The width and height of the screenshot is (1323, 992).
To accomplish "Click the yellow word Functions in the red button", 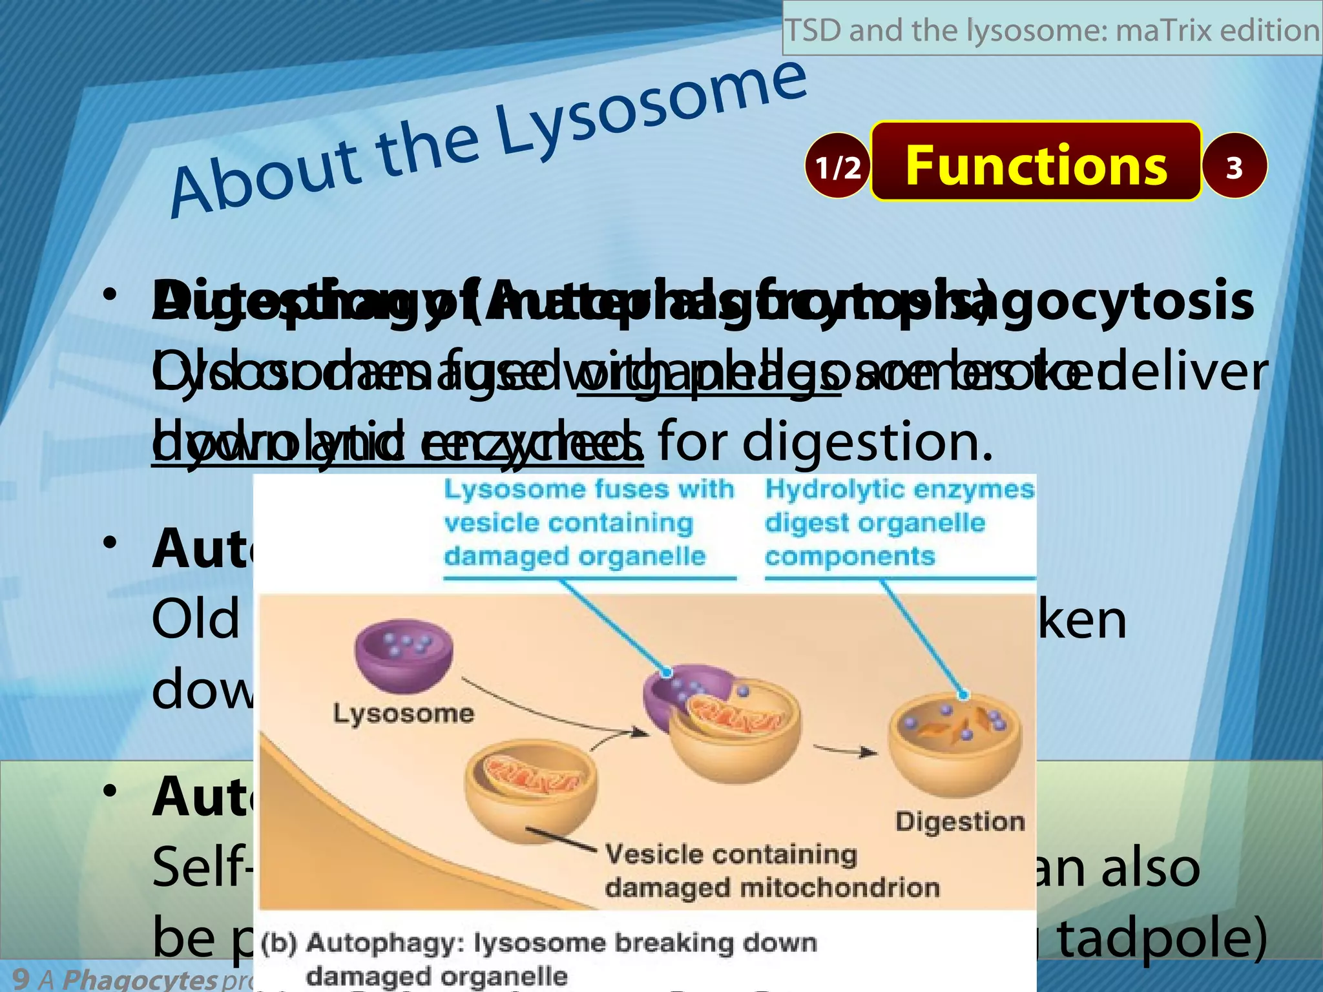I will [x=1036, y=165].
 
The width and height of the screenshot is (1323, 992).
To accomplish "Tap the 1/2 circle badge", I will [x=837, y=167].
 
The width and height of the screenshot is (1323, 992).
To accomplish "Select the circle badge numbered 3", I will [x=1234, y=167].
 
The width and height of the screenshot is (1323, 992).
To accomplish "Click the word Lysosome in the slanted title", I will [x=652, y=108].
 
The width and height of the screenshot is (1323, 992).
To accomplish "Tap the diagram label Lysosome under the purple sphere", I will [x=404, y=714].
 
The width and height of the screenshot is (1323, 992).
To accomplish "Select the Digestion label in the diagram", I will [x=960, y=821].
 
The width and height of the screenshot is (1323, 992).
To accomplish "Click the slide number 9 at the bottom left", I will [x=21, y=978].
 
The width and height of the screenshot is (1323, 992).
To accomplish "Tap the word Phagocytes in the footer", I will [x=139, y=979].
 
